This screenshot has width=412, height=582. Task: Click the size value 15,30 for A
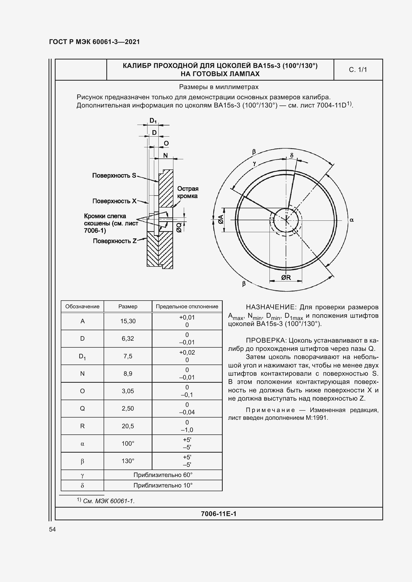(x=128, y=321)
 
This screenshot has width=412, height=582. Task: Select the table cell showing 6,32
(x=128, y=339)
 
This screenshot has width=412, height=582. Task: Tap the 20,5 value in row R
(x=128, y=426)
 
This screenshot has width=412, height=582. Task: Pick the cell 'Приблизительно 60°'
(x=163, y=475)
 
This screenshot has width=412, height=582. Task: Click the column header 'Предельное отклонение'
(x=187, y=307)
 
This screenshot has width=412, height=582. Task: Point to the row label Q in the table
(x=82, y=409)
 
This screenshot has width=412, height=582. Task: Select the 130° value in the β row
(x=128, y=461)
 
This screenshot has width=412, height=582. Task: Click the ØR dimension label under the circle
(x=286, y=278)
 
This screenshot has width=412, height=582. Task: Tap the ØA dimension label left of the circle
(x=221, y=219)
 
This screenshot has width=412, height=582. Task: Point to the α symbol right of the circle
(x=352, y=220)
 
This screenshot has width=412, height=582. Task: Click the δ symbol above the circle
(x=292, y=155)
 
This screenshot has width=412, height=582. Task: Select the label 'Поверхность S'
(x=114, y=175)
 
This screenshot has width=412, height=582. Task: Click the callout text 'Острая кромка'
(x=188, y=192)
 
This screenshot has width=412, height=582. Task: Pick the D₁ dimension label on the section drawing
(x=153, y=121)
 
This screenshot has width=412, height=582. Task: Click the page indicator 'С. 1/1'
(x=358, y=70)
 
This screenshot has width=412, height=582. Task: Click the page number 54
(x=53, y=529)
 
